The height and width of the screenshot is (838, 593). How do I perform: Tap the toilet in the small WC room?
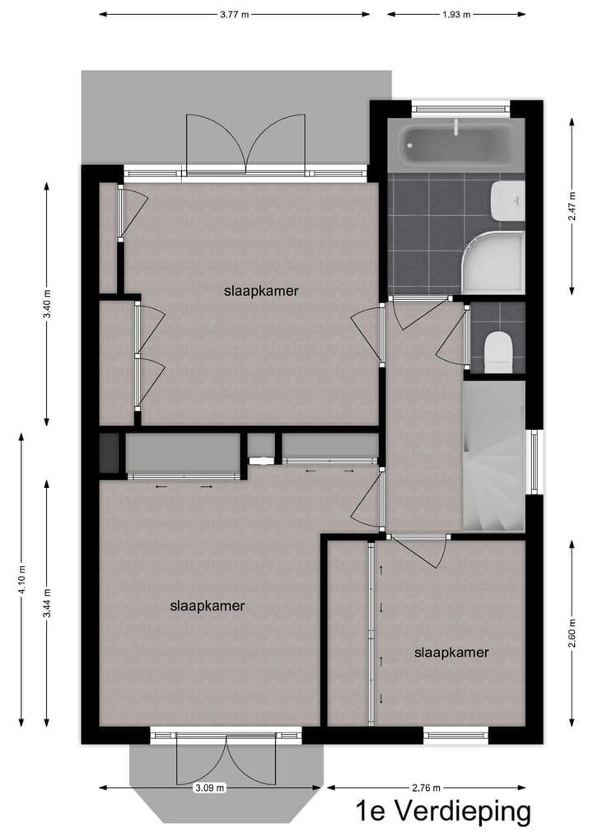pyautogui.click(x=499, y=352)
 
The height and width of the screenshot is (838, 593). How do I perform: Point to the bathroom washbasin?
pyautogui.click(x=507, y=201)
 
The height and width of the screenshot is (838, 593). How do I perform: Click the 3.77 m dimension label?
pyautogui.click(x=235, y=14)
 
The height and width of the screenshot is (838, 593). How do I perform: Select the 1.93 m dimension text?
pyautogui.click(x=456, y=14)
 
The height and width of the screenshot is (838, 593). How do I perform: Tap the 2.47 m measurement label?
pyautogui.click(x=571, y=204)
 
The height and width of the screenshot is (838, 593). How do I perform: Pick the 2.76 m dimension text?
pyautogui.click(x=427, y=788)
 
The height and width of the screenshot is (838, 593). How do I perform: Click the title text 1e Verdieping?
pyautogui.click(x=443, y=812)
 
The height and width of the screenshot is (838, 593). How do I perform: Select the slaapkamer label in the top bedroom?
pyautogui.click(x=260, y=291)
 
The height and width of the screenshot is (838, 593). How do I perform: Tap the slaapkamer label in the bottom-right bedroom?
pyautogui.click(x=451, y=653)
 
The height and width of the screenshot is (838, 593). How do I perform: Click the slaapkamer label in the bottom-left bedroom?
pyautogui.click(x=208, y=606)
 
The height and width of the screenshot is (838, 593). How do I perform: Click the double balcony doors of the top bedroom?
pyautogui.click(x=246, y=144)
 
